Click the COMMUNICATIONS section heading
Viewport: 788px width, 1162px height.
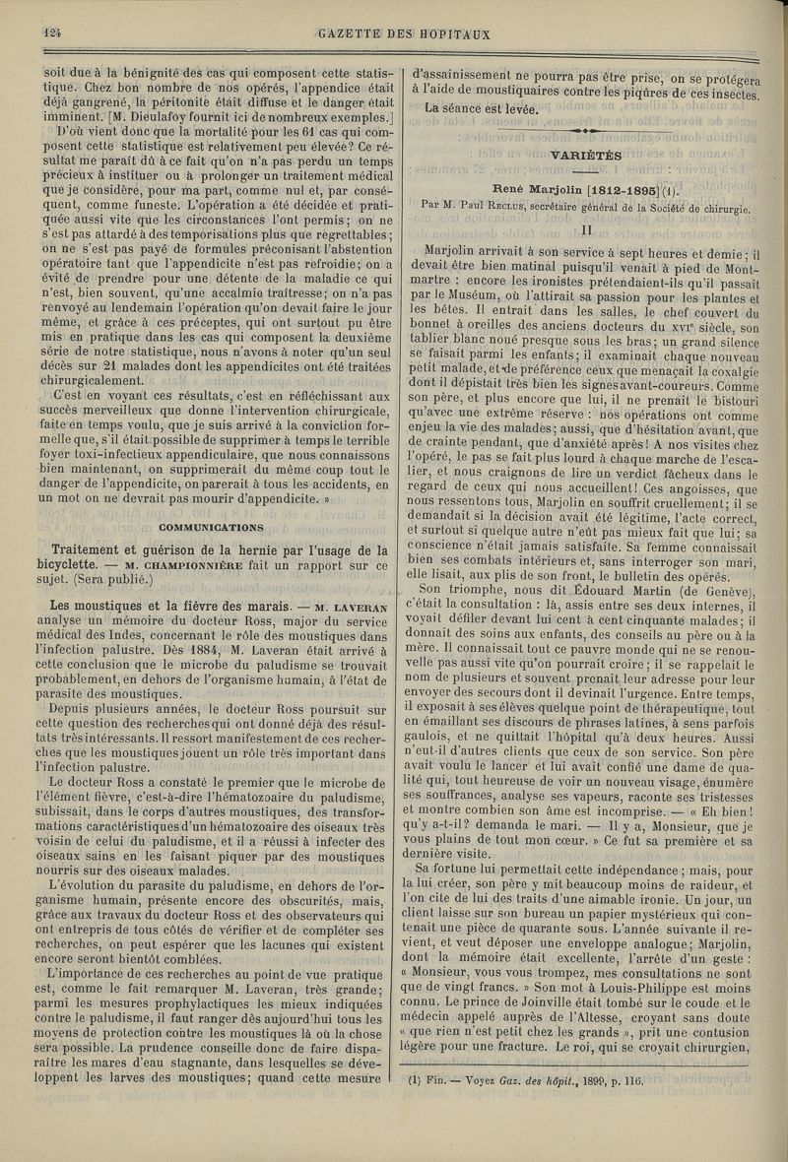coord(218,527)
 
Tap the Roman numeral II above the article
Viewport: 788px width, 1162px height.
coord(586,227)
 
